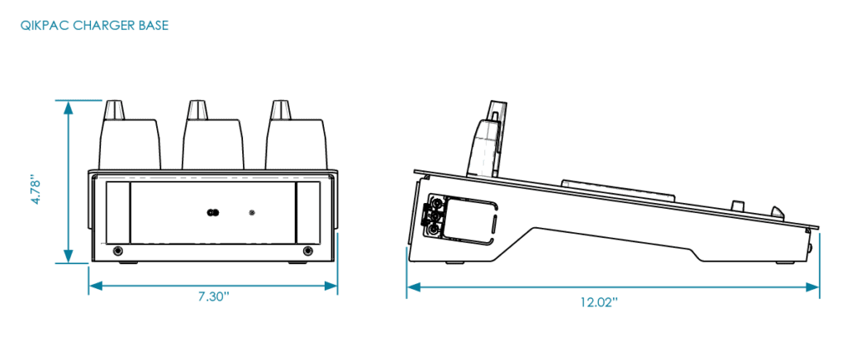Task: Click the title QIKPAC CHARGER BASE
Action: point(94,26)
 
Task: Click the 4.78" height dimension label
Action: point(36,189)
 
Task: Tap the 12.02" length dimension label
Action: point(599,302)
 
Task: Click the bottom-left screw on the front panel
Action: point(117,251)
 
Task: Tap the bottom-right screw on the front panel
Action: point(308,251)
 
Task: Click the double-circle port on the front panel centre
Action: point(212,212)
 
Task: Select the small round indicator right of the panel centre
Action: point(251,212)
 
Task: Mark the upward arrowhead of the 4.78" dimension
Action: point(68,107)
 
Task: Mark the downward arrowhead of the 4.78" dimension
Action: point(68,256)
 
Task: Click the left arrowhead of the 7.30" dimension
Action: point(96,287)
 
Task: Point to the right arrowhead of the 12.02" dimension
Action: point(813,287)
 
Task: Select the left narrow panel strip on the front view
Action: point(118,212)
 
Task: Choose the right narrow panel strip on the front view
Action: point(307,212)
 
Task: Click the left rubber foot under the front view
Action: point(128,263)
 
